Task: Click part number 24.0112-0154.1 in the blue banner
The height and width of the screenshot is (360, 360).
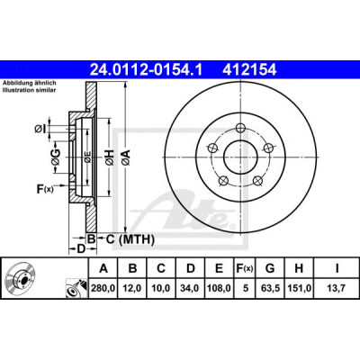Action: click(147, 70)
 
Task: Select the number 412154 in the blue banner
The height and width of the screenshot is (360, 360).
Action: click(249, 70)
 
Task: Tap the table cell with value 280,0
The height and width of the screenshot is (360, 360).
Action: click(103, 288)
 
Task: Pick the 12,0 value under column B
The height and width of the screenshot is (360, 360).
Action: click(132, 288)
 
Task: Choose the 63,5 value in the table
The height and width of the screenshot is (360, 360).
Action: click(270, 288)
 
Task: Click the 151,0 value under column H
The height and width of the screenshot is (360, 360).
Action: click(299, 288)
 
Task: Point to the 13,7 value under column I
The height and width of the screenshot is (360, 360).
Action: click(337, 288)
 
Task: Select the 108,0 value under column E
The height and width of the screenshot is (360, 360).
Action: click(219, 288)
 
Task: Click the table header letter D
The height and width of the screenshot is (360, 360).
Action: click(191, 268)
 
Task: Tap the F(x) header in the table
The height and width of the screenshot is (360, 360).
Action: click(244, 268)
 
